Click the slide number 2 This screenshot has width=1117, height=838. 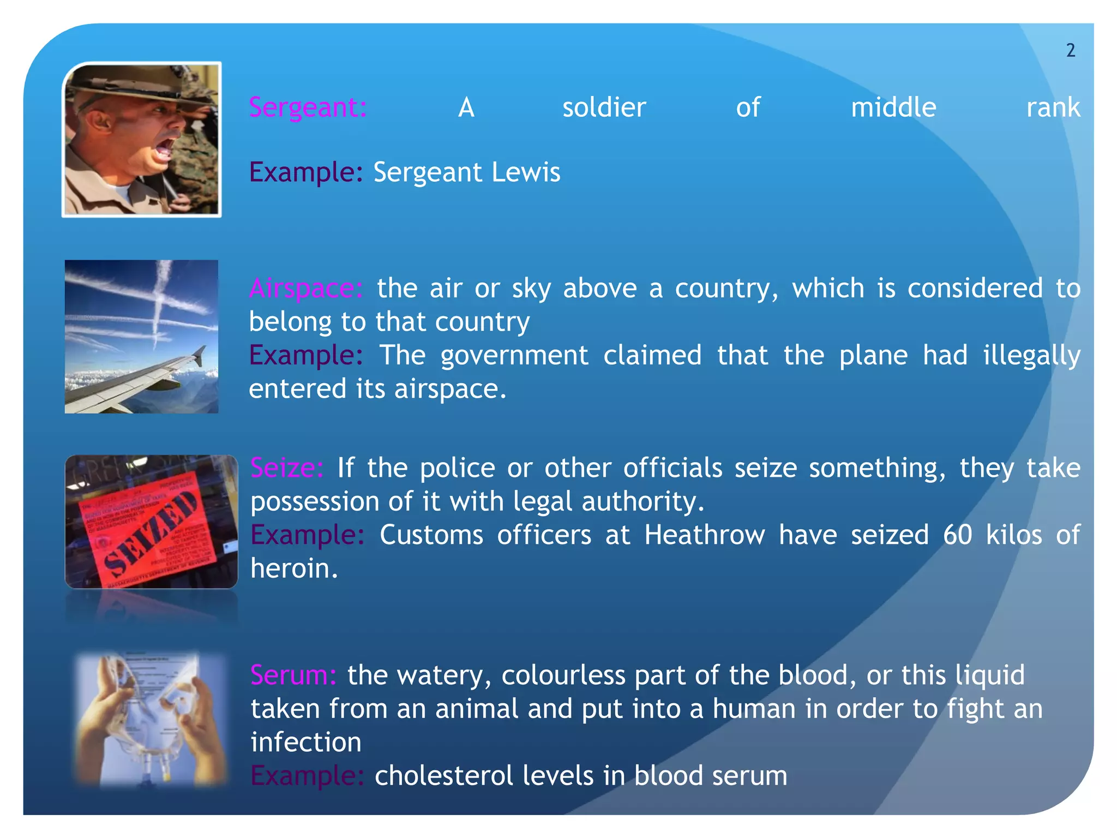pos(1071,51)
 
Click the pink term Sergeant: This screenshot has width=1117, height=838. pos(308,107)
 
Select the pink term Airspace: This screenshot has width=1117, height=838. pos(306,288)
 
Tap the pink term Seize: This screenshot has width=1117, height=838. pos(287,468)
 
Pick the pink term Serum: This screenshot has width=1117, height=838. pos(293,675)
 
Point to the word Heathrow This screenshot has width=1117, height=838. pos(704,535)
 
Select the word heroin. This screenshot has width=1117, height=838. pos(293,569)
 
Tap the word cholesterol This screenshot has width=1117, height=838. pos(443,776)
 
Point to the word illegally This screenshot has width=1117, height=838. pos(1031,356)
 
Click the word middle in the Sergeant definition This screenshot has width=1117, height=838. pos(893,107)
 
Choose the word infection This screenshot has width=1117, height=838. pos(305,743)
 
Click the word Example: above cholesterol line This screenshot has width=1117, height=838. pos(307,776)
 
